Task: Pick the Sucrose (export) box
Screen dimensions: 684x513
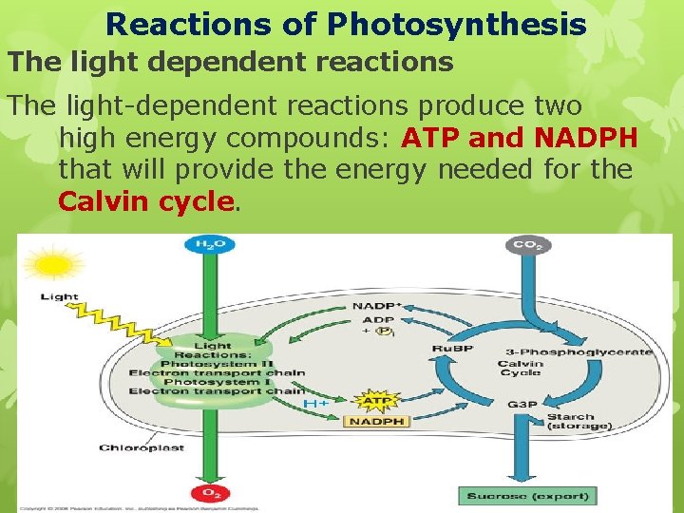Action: (527, 495)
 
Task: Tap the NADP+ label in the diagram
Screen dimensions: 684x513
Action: (377, 306)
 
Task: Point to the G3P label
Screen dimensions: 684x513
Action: (522, 405)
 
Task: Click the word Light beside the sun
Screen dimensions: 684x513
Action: (59, 297)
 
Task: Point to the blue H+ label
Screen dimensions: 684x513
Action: (316, 404)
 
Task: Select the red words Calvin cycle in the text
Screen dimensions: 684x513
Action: (145, 201)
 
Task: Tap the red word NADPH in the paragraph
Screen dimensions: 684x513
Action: (586, 139)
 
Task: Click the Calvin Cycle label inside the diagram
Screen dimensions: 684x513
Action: (520, 368)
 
